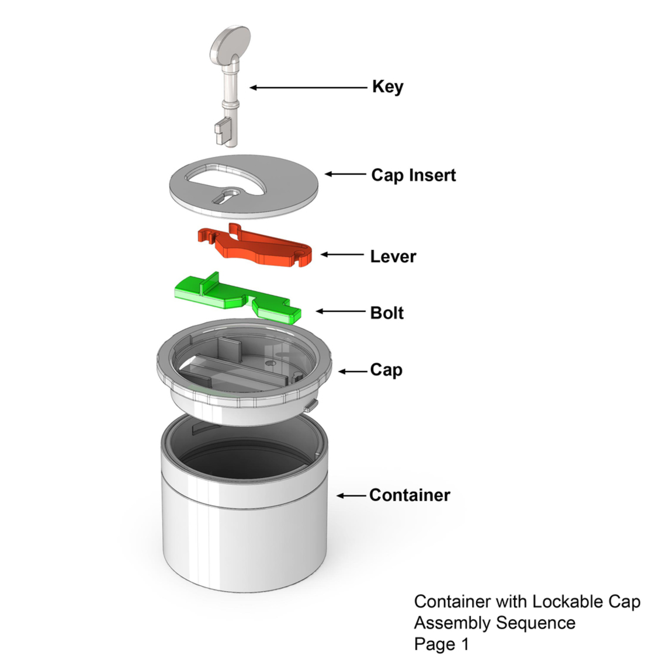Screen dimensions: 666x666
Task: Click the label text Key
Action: click(x=387, y=87)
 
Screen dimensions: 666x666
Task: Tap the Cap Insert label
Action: click(x=413, y=175)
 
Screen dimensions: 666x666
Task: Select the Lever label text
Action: click(x=393, y=256)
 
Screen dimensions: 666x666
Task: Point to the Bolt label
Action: click(x=387, y=313)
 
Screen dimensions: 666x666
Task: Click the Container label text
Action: click(x=409, y=495)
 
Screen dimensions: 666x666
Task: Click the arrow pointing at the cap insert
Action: click(x=345, y=174)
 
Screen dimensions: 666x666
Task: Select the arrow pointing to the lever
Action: click(x=342, y=255)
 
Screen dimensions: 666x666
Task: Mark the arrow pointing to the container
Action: click(x=351, y=496)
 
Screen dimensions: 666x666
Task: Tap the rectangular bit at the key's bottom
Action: click(x=221, y=130)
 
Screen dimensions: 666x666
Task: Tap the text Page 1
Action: click(x=441, y=644)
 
